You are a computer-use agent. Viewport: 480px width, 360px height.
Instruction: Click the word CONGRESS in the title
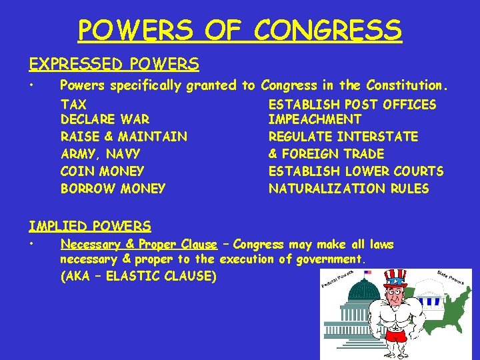click(328, 30)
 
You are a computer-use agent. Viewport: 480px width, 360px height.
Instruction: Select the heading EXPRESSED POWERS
click(113, 64)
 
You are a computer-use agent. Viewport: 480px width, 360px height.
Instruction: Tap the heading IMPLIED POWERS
click(89, 227)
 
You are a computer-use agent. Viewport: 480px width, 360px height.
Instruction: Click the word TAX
click(73, 105)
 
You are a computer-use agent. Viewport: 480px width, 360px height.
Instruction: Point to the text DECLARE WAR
click(105, 120)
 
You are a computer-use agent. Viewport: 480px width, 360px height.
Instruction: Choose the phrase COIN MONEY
click(102, 171)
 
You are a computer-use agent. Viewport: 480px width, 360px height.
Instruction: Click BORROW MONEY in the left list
click(113, 189)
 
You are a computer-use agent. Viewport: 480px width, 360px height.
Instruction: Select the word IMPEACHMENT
click(315, 120)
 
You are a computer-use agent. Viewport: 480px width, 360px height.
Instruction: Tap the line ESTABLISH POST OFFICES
click(352, 105)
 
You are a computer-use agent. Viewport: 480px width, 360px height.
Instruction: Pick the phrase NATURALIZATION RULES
click(349, 189)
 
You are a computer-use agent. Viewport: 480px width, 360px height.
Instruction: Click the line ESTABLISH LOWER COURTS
click(355, 171)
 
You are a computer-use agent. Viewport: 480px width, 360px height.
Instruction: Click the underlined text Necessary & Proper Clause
click(139, 245)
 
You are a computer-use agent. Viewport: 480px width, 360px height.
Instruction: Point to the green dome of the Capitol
click(364, 291)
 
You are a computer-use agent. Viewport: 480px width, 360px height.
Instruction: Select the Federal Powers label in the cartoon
click(337, 280)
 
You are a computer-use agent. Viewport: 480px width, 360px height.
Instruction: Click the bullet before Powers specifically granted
click(31, 85)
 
